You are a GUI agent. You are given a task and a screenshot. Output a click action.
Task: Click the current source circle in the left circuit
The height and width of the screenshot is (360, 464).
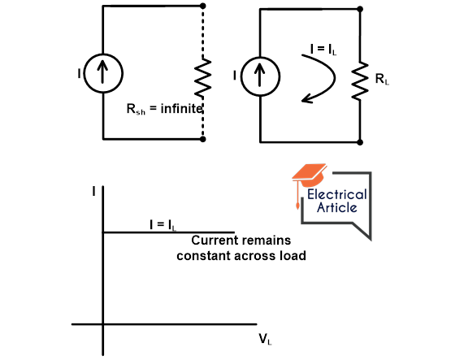pos(105,76)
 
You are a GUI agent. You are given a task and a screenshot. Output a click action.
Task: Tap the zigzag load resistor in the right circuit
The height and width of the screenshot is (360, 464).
pos(358,80)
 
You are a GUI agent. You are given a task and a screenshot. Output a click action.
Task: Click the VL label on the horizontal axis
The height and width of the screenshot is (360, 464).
pos(264,338)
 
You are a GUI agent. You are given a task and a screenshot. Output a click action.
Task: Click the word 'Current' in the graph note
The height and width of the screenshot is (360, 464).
pos(214,241)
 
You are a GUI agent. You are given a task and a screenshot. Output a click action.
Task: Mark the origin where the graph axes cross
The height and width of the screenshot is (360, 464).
pos(103,323)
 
